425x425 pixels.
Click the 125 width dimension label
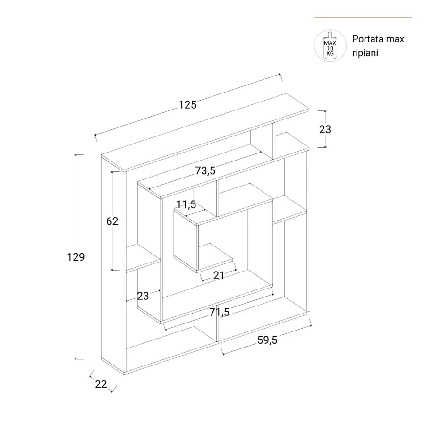[187, 105]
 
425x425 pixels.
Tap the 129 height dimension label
[76, 257]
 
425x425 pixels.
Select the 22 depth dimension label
[101, 384]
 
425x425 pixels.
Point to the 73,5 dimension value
[205, 170]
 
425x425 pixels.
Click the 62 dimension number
[112, 221]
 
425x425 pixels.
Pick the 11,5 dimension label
[186, 204]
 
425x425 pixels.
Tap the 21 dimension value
[219, 275]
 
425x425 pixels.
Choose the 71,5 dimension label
[220, 312]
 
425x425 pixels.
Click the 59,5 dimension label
[268, 340]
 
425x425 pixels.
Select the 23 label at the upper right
[325, 129]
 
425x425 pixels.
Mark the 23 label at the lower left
[143, 296]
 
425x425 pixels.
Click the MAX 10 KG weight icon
[330, 45]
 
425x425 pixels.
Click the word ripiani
[365, 53]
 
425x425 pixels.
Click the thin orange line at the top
[363, 17]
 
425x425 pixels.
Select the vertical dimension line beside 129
[76, 257]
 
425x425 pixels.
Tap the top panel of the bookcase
[205, 133]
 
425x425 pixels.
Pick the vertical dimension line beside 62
[112, 221]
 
